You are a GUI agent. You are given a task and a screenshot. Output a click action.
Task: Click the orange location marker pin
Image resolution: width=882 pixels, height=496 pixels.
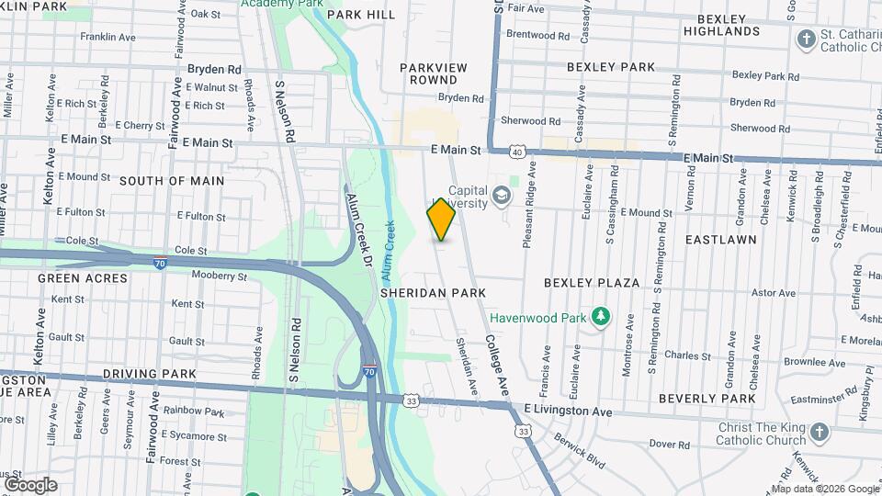[x=442, y=220]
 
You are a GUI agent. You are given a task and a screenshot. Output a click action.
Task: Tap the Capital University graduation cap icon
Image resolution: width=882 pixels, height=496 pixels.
[x=502, y=195]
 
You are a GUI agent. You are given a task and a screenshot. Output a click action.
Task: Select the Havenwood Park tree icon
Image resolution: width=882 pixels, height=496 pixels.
[x=601, y=317]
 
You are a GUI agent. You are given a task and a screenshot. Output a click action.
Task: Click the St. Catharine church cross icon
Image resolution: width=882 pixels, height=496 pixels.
[x=806, y=39]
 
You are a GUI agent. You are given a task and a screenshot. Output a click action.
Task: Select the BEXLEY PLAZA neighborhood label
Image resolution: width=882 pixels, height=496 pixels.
[x=591, y=283]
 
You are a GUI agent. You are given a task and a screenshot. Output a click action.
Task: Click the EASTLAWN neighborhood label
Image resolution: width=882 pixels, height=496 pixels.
[x=720, y=239]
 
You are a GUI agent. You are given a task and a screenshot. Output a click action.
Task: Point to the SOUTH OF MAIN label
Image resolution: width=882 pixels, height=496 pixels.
[x=172, y=181]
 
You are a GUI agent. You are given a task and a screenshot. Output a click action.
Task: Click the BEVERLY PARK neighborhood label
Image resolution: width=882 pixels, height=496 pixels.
[x=707, y=399]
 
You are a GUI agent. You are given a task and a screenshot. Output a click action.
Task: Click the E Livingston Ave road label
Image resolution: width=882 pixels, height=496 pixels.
[x=568, y=412]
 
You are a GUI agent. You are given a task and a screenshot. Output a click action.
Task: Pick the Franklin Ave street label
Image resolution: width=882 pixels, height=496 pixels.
[x=107, y=37]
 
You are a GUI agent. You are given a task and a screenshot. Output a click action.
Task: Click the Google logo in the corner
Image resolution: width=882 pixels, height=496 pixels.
[x=29, y=485]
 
